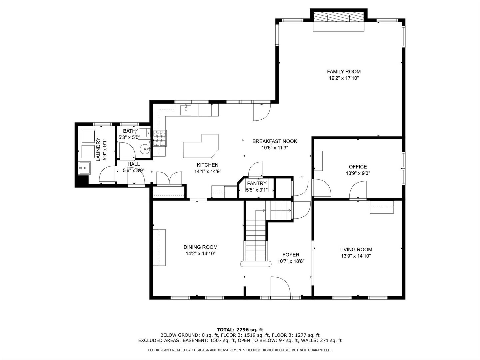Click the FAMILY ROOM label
(x=344, y=71)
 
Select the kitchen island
(x=201, y=147)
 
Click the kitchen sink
(x=185, y=109)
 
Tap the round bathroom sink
(x=145, y=149)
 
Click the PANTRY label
(x=257, y=183)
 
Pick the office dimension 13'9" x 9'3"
(x=358, y=173)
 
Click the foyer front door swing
(x=279, y=287)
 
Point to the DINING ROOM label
(x=200, y=247)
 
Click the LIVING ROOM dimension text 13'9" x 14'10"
(x=356, y=256)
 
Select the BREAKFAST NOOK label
(x=275, y=141)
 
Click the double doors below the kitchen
(x=169, y=178)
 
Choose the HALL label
(x=134, y=164)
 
